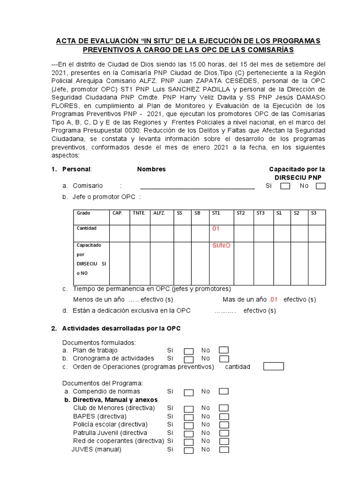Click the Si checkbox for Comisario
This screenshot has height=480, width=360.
[x=285, y=186]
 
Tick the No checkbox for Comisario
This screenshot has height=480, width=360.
[x=321, y=186]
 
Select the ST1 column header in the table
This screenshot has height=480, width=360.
[x=216, y=213]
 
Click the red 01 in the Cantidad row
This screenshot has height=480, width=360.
[x=216, y=229]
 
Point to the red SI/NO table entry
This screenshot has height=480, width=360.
[x=221, y=245]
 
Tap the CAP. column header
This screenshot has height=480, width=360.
[x=117, y=213]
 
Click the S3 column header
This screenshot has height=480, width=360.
[x=314, y=213]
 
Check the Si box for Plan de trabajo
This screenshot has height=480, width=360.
[x=188, y=351]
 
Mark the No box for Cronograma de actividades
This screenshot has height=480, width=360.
[x=224, y=359]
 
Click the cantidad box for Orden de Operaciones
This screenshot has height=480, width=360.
[x=273, y=367]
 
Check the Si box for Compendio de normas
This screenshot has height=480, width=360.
[x=188, y=392]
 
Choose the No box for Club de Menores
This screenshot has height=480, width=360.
[x=224, y=408]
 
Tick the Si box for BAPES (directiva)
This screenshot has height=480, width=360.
[x=188, y=417]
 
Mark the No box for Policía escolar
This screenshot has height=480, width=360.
[x=224, y=425]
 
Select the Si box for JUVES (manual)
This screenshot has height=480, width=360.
[x=188, y=450]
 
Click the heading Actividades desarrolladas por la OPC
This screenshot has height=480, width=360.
[x=121, y=328]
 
